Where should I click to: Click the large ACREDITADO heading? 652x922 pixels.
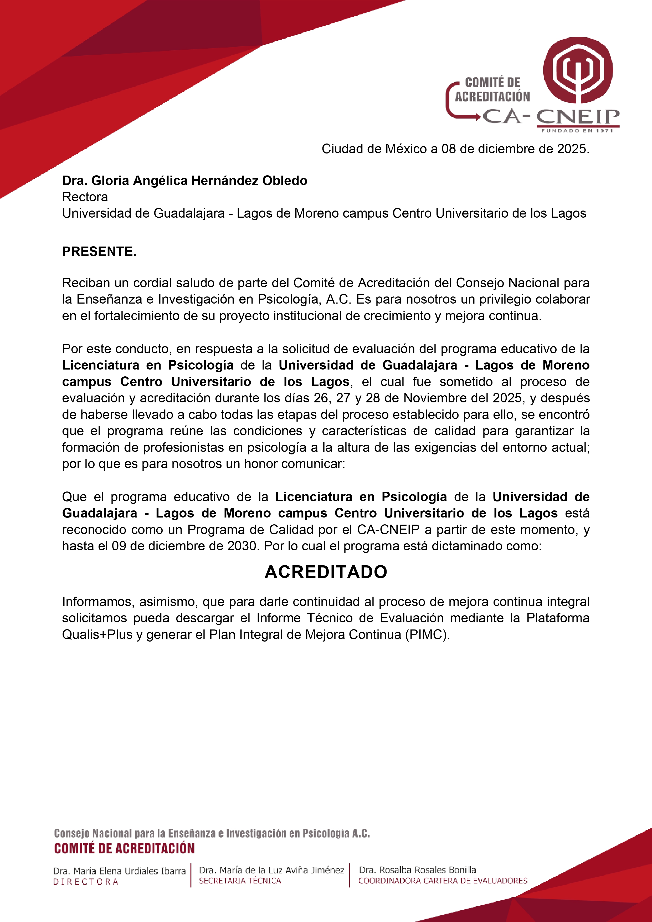click(326, 572)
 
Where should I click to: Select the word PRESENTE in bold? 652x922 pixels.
click(99, 251)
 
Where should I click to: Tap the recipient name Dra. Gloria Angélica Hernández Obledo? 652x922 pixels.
click(185, 181)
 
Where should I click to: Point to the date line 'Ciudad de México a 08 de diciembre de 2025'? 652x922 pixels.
click(455, 149)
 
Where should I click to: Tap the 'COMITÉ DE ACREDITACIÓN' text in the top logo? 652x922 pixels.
click(492, 90)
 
